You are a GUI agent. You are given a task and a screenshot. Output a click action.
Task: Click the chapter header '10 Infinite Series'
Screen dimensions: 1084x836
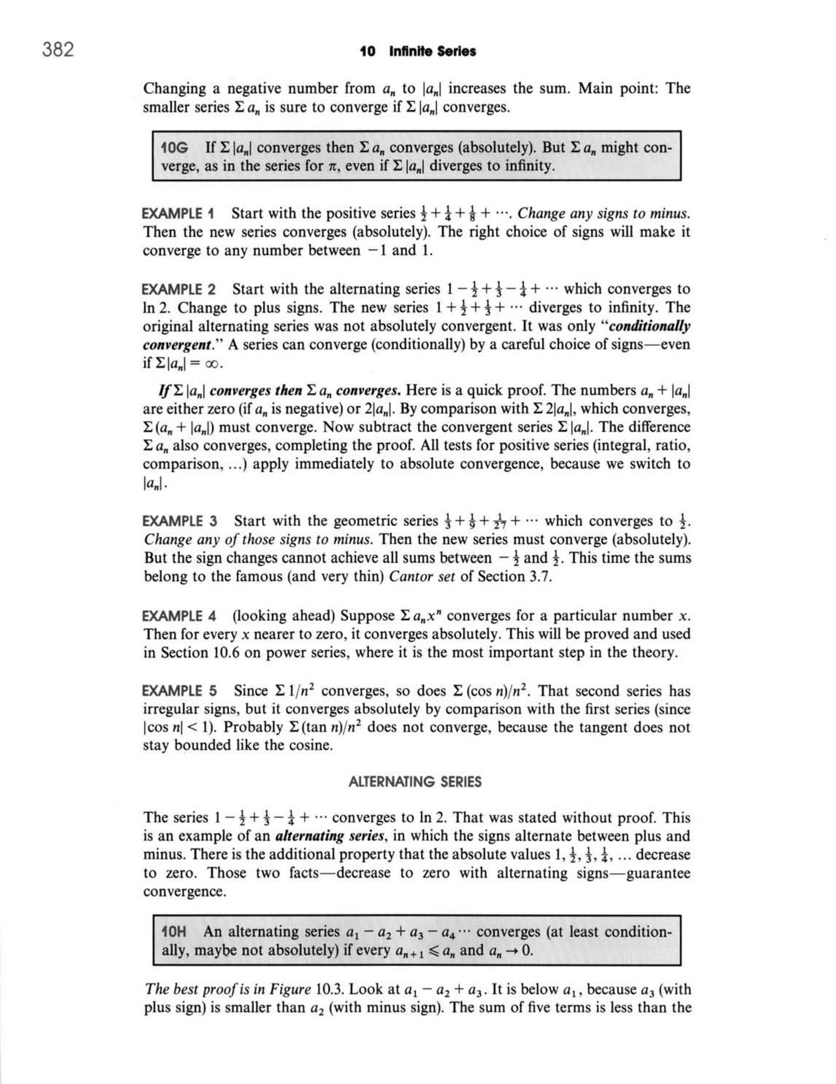click(x=417, y=51)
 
